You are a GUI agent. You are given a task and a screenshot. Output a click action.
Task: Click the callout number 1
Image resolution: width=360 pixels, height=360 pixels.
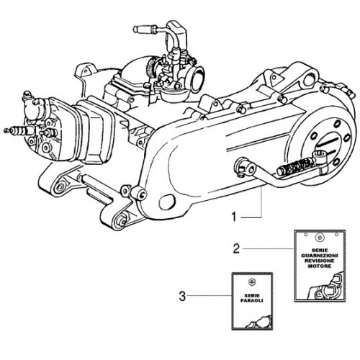pos(234,217)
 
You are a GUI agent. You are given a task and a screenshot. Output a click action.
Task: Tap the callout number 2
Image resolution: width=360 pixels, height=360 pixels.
pos(236,248)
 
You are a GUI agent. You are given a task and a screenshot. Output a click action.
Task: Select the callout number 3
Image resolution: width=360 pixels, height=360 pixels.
pos(182,296)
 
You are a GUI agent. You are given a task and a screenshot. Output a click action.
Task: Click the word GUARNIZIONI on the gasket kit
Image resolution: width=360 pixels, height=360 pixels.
pos(320,255)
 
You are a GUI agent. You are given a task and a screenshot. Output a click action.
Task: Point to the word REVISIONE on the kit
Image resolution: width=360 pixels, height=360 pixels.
pos(320,261)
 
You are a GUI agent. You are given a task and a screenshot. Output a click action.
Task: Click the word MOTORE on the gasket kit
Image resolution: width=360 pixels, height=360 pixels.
pos(320,266)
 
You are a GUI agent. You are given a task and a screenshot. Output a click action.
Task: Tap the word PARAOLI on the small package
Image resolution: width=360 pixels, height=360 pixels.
pos(252,300)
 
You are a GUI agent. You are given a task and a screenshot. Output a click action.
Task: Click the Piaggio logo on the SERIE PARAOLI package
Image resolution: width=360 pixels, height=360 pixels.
pos(252,282)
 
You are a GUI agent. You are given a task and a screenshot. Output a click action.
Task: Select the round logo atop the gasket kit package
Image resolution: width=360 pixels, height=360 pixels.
pos(319,237)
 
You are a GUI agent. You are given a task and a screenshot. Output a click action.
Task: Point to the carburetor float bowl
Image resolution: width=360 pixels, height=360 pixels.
pos(171,92)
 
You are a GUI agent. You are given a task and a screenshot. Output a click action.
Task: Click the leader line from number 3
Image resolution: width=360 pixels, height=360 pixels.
pos(209,295)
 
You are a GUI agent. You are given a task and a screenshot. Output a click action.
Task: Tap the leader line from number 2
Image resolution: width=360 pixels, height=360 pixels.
pos(269,248)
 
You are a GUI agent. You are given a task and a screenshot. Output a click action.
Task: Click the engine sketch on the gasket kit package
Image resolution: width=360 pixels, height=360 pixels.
pos(326,287)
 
